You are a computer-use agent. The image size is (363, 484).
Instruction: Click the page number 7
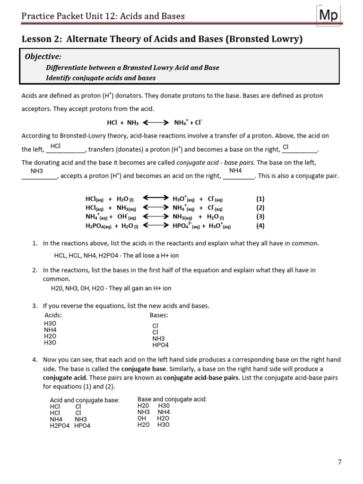tap(339, 462)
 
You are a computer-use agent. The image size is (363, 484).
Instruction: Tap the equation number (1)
tap(260, 199)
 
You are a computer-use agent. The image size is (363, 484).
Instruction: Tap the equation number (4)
tap(260, 225)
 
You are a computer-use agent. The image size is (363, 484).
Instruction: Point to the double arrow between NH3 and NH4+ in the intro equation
tap(156, 122)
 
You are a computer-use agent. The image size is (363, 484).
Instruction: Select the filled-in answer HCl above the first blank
tap(55, 146)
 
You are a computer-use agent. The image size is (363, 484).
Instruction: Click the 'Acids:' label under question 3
tap(53, 315)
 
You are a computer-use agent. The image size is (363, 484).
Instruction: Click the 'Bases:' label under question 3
tap(159, 315)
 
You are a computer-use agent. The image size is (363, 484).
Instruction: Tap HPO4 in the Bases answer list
tap(160, 345)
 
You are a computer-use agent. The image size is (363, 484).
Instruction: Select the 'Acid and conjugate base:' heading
tap(85, 400)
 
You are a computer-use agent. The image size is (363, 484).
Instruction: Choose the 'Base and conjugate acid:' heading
tap(172, 399)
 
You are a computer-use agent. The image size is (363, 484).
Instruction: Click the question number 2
tap(35, 270)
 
